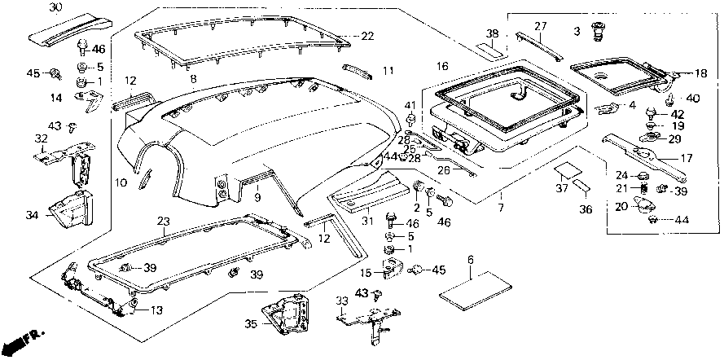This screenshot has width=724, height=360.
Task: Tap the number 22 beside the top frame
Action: (x=368, y=36)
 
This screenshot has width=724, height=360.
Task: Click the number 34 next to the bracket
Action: (x=33, y=215)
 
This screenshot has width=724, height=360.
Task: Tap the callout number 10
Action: (x=121, y=183)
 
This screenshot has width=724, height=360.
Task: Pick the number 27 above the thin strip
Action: (x=541, y=26)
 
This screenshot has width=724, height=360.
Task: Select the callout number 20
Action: (x=621, y=206)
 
